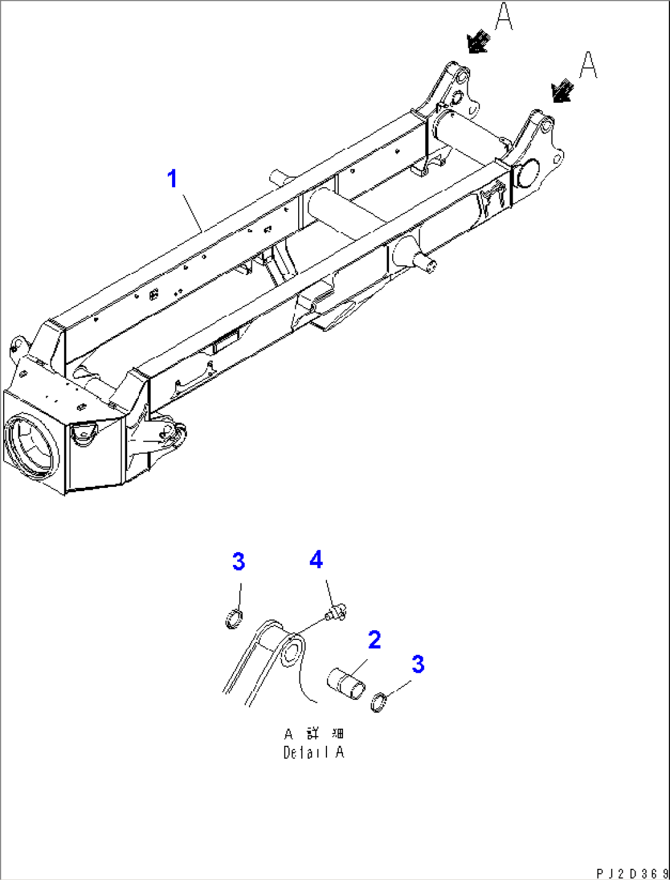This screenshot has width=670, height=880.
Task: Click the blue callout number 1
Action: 173,179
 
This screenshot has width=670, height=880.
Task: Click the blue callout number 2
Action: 374,640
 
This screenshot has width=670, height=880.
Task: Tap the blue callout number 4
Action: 316,560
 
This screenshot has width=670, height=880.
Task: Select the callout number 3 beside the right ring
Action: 418,665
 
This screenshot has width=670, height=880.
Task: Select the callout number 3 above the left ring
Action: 238,562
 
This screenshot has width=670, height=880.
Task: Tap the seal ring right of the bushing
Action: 380,702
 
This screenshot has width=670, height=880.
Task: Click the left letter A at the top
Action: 504,17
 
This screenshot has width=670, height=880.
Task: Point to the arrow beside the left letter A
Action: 478,42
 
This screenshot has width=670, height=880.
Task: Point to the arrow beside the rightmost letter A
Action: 562,92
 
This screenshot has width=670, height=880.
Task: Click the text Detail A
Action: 313,752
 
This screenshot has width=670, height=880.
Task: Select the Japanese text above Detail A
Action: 313,734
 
